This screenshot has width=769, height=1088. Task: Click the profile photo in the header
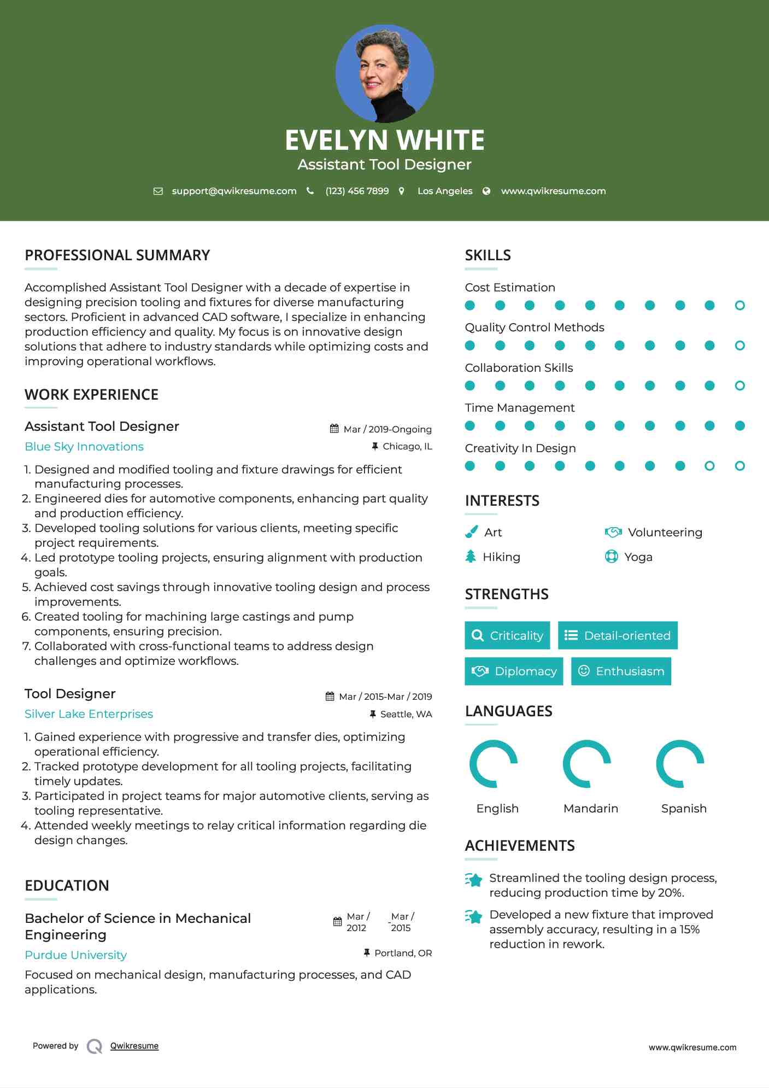pos(384,74)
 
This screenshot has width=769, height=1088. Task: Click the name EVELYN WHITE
pos(384,140)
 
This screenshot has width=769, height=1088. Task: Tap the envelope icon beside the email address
pos(158,191)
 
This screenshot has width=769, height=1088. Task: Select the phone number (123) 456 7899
pos(357,191)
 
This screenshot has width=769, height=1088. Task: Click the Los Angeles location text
pos(444,191)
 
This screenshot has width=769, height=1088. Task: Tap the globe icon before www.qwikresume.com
pos(486,191)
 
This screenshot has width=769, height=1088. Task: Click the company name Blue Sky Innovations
pos(84,447)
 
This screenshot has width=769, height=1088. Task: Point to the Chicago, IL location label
pos(407,447)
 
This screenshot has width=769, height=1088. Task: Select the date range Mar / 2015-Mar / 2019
pos(385,697)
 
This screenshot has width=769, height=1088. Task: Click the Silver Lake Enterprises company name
pos(89,714)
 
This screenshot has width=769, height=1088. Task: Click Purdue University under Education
pos(75,955)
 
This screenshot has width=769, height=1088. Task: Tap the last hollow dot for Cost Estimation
pos(739,306)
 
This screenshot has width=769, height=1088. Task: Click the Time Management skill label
pos(519,408)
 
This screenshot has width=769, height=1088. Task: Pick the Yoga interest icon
pos(611,557)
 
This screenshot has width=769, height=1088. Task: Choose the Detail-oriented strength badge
pos(618,635)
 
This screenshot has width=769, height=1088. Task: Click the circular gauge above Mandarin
pos(587,764)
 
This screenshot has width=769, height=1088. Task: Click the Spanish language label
pos(684,809)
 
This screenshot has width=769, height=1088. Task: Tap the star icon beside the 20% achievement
pos(474,880)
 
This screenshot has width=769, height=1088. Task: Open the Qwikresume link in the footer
pos(134,1046)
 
